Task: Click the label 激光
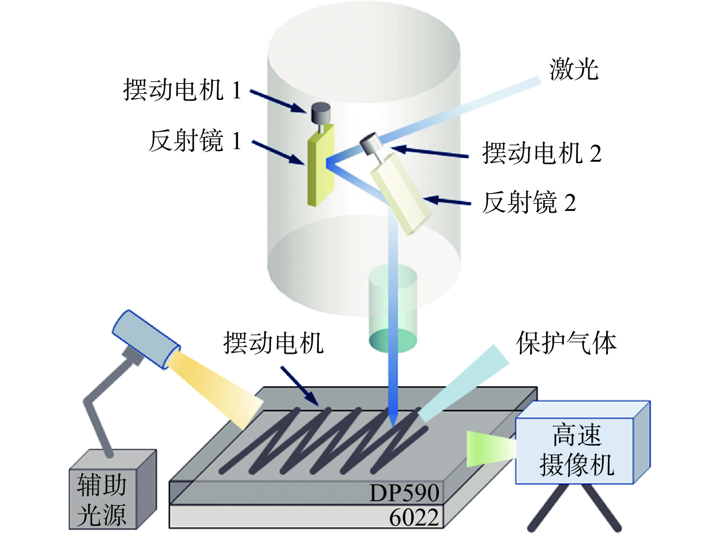point(574,70)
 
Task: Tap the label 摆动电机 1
point(182,90)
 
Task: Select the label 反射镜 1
point(195,141)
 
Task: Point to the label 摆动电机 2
point(542,153)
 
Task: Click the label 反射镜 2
point(529,203)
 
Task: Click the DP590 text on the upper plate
point(404,493)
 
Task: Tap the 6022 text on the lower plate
point(414,518)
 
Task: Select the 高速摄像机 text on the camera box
point(576,450)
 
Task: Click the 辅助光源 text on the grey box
point(102,500)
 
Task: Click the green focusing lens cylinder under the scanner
point(392,309)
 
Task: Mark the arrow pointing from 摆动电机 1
point(278,101)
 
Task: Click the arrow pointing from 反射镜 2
point(448,201)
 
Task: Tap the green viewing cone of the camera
point(490,449)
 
